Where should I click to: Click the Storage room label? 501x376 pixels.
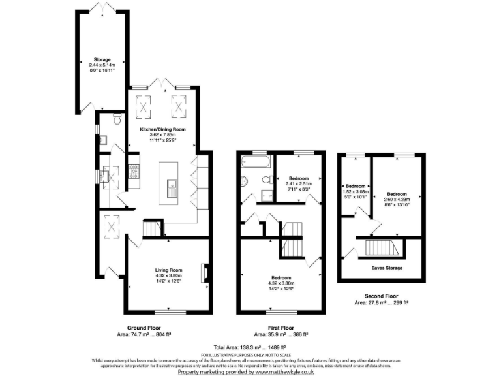(101, 59)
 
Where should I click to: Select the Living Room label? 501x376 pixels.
(168, 270)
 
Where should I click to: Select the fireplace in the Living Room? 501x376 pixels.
(205, 271)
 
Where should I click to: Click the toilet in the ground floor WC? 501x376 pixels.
(116, 119)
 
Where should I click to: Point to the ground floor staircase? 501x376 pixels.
(152, 228)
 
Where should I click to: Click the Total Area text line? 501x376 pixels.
(250, 347)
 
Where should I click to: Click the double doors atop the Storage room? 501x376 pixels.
(101, 8)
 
